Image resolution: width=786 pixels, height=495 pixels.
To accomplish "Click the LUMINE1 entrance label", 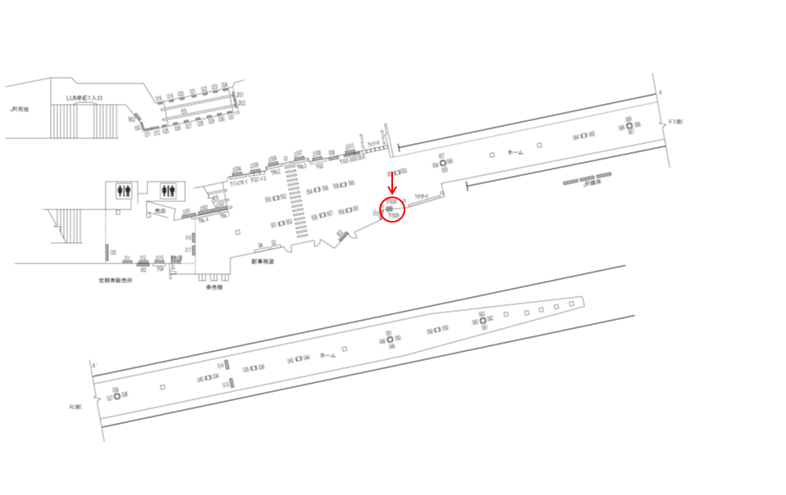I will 84,97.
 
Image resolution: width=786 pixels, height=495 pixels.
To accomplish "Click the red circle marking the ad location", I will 392,209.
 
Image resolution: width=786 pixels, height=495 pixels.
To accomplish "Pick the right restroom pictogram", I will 169,190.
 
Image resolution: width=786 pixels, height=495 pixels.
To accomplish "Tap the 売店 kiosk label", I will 160,212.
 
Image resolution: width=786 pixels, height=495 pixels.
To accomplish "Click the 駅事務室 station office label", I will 263,261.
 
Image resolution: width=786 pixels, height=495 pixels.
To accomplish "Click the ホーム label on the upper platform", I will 515,152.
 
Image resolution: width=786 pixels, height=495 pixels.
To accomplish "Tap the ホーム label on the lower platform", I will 327,355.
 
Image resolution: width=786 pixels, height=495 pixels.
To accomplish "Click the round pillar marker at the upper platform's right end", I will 630,126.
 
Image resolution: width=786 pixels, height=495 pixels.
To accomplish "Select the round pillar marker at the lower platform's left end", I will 116,396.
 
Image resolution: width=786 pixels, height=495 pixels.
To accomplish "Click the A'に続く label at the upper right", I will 676,121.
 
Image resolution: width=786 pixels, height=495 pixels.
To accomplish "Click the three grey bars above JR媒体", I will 588,178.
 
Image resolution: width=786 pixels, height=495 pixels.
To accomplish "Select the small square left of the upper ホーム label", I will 492,155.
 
